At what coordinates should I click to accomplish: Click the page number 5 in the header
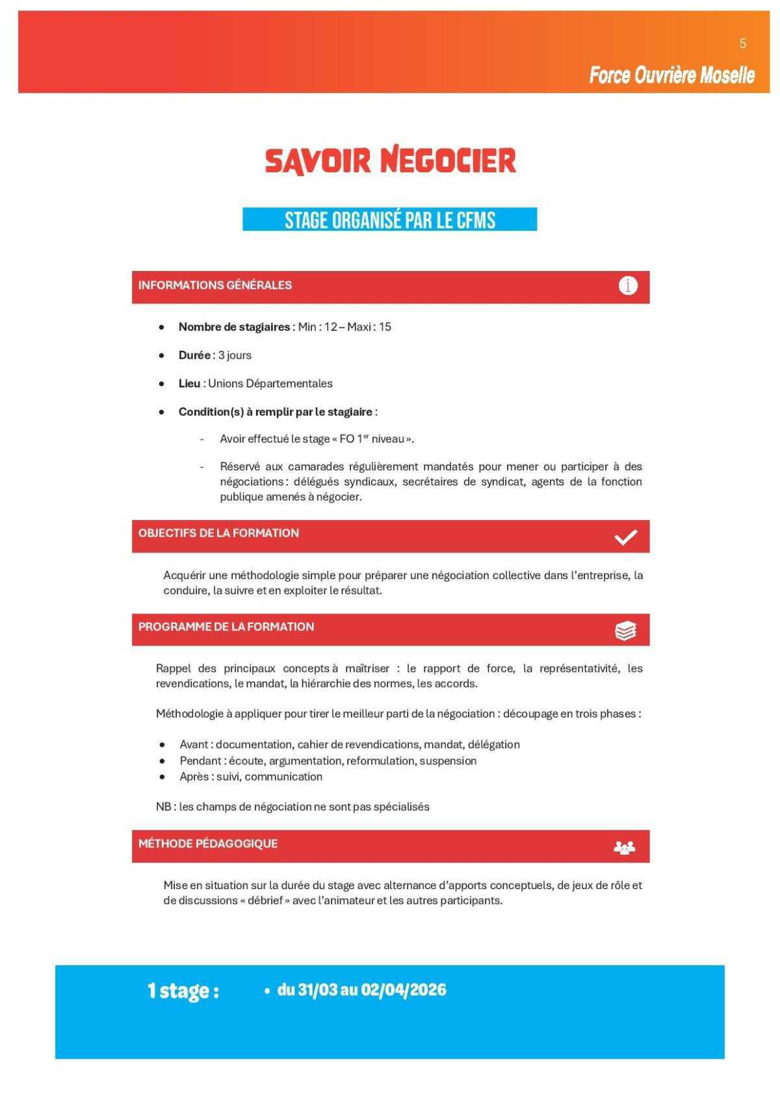(x=742, y=44)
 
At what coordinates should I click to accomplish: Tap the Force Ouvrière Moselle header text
(x=671, y=75)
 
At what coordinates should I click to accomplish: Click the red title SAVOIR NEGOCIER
(x=390, y=161)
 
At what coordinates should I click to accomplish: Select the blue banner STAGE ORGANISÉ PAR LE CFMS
(x=390, y=220)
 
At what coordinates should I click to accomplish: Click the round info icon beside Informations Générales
(x=627, y=285)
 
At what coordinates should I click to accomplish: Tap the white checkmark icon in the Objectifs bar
(x=625, y=537)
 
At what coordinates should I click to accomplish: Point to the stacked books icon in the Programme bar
(x=625, y=630)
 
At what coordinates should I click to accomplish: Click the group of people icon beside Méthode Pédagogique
(x=624, y=848)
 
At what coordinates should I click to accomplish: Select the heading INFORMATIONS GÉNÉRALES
(x=215, y=285)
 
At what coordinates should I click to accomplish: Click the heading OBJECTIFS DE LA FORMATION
(x=218, y=533)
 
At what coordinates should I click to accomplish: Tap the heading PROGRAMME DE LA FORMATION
(x=226, y=627)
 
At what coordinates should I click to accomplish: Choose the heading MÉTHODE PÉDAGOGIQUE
(x=208, y=844)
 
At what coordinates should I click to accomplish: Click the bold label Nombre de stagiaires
(x=234, y=327)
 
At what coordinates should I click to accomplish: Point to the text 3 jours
(x=235, y=356)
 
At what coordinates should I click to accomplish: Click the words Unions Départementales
(x=270, y=383)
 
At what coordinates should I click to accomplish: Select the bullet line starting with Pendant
(x=328, y=760)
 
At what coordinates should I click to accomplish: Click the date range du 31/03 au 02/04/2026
(x=361, y=990)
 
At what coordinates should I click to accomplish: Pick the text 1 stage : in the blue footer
(x=183, y=991)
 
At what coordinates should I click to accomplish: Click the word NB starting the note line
(x=162, y=807)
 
